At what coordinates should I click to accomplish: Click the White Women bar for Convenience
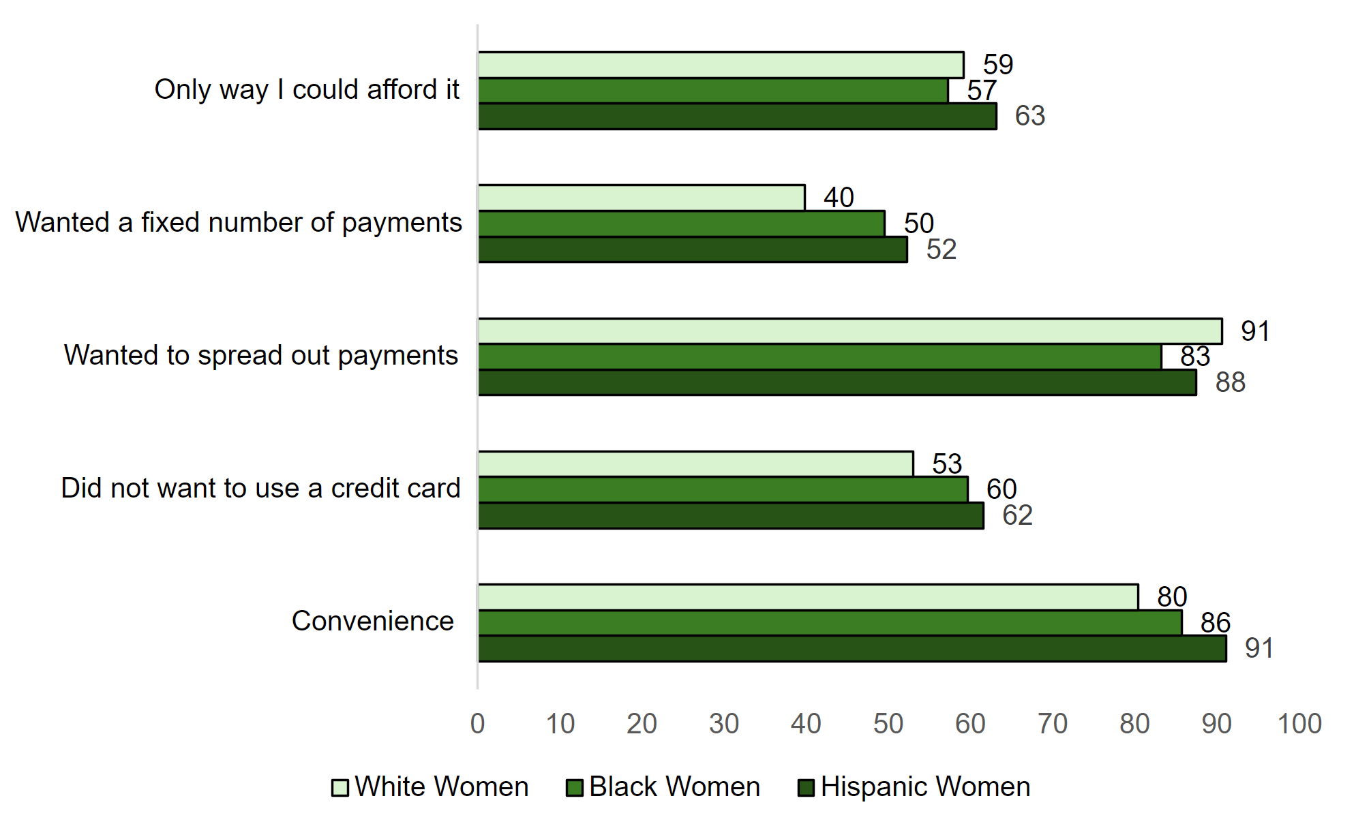pyautogui.click(x=808, y=597)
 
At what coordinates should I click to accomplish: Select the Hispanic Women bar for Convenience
pyautogui.click(x=852, y=649)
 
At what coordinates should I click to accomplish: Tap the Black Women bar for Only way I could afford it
pyautogui.click(x=712, y=91)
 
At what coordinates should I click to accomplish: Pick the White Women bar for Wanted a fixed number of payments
pyautogui.click(x=641, y=198)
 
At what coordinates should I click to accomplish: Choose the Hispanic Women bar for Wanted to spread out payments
pyautogui.click(x=837, y=382)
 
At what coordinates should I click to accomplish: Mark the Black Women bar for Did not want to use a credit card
pyautogui.click(x=723, y=489)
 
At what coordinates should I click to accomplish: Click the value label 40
pyautogui.click(x=839, y=198)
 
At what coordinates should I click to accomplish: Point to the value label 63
pyautogui.click(x=1029, y=116)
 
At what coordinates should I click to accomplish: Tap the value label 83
pyautogui.click(x=1195, y=356)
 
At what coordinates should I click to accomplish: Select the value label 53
pyautogui.click(x=947, y=464)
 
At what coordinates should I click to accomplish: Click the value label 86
pyautogui.click(x=1215, y=623)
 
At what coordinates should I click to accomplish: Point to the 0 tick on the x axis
pyautogui.click(x=477, y=724)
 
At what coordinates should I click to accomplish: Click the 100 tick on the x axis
pyautogui.click(x=1299, y=724)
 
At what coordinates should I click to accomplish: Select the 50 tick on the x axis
pyautogui.click(x=888, y=724)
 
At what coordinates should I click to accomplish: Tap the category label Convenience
pyautogui.click(x=372, y=621)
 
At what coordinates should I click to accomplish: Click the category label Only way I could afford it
pyautogui.click(x=307, y=89)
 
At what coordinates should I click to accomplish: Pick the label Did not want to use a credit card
pyautogui.click(x=260, y=488)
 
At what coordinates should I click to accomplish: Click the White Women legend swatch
pyautogui.click(x=340, y=788)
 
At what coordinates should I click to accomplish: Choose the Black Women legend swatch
pyautogui.click(x=575, y=788)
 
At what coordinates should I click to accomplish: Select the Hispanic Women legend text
pyautogui.click(x=925, y=787)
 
